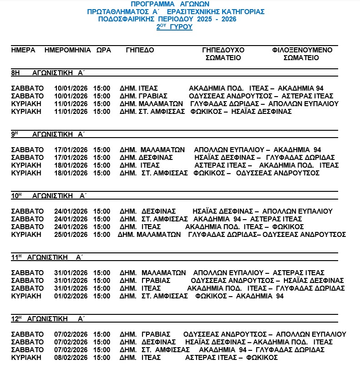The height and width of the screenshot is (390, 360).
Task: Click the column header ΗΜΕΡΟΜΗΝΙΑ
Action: pyautogui.click(x=68, y=50)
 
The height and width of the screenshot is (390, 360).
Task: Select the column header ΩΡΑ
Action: pyautogui.click(x=103, y=50)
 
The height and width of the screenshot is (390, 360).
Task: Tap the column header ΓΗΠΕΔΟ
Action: pyautogui.click(x=140, y=50)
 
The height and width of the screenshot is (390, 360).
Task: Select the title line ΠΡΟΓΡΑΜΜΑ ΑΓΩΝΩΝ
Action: pyautogui.click(x=176, y=4)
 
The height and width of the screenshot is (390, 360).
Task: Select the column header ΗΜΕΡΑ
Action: pyautogui.click(x=23, y=50)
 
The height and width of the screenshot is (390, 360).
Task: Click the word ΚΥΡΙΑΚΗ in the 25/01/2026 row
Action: pyautogui.click(x=26, y=235)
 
